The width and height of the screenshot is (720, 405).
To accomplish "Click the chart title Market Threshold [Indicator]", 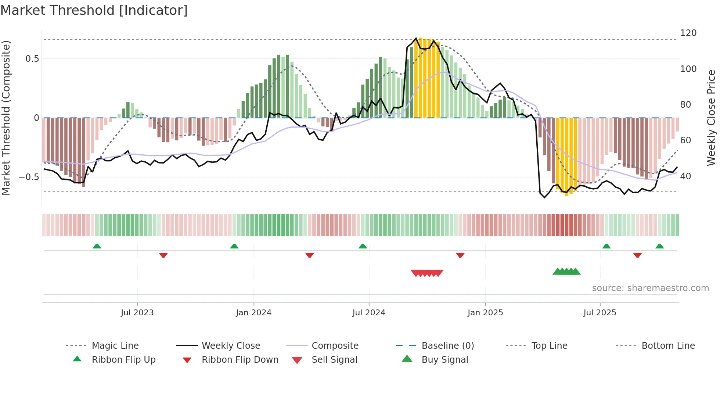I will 94,10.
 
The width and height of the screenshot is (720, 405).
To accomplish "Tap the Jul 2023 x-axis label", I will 137,313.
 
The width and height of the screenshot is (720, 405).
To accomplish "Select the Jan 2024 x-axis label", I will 253,313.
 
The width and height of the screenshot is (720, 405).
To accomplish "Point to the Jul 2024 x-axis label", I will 369,313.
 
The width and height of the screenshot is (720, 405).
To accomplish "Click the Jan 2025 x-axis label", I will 485,313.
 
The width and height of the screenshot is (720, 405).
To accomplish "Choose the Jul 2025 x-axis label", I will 600,313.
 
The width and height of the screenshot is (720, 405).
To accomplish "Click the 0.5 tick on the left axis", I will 32,59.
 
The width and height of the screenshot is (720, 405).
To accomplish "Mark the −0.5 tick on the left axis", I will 29,177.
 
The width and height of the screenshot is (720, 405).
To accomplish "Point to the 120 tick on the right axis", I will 688,33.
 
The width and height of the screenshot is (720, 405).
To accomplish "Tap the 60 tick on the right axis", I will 685,140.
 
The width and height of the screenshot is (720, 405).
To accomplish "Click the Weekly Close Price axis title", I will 711,118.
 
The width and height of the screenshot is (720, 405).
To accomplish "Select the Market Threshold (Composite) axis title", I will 6,118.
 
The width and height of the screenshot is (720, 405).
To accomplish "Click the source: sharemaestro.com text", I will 650,288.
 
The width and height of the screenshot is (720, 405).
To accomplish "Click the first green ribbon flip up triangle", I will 97,246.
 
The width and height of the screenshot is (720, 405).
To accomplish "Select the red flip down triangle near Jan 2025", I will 460,255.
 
